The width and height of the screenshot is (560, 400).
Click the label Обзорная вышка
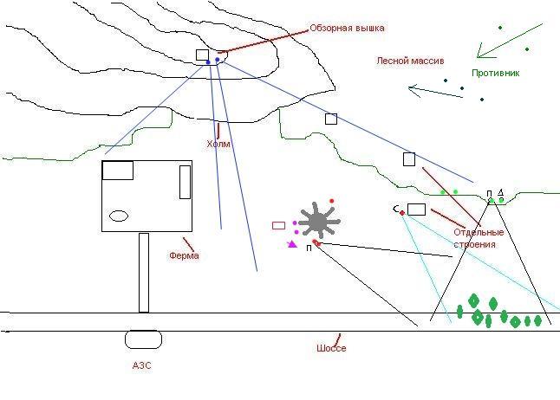point(347,29)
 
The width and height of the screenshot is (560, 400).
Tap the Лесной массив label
point(410,61)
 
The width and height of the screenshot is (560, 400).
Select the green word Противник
point(495,73)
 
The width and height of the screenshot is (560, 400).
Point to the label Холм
point(218,144)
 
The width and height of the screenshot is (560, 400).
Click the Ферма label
point(184,255)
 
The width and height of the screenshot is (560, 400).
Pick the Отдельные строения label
point(479,238)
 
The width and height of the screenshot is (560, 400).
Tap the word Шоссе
point(331,348)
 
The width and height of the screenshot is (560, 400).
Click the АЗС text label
point(142,365)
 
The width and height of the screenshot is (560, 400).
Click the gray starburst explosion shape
point(318,222)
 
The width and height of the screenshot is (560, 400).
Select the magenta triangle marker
point(293,245)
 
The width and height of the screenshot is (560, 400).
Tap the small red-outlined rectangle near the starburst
point(278,225)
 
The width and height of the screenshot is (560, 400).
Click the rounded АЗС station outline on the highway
point(143,339)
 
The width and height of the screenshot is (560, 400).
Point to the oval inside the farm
point(119,216)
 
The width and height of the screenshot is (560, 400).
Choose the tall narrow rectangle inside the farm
point(185,182)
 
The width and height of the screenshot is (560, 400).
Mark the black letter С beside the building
point(396,209)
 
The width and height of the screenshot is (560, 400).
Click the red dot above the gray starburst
point(331,201)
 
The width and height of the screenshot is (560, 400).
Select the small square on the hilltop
point(202,55)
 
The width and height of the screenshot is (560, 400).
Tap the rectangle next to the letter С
point(416,209)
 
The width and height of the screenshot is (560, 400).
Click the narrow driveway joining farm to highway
point(144,272)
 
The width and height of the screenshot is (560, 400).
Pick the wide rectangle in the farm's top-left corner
point(117,170)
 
